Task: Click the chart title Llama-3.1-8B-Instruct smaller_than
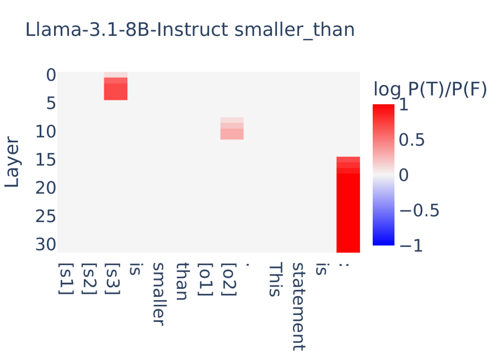tap(190, 30)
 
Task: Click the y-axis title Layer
tap(12, 163)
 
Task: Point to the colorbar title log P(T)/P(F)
tap(430, 89)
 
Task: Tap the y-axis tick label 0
tap(50, 74)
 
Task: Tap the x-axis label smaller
tap(159, 293)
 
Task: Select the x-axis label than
tap(183, 281)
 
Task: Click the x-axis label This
tap(275, 280)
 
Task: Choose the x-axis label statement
tap(298, 306)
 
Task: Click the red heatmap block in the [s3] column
tap(116, 89)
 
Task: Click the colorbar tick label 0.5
tap(411, 141)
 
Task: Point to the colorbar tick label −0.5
tap(419, 210)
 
